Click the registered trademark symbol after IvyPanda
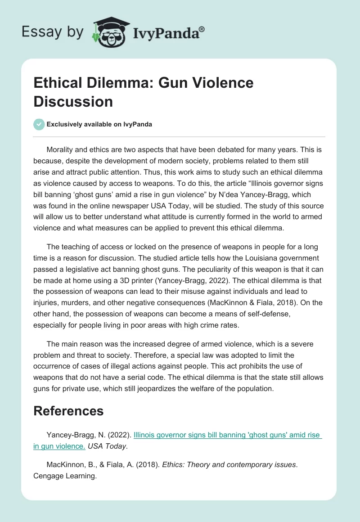(202, 29)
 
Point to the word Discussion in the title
(73, 101)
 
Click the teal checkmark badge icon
(39, 125)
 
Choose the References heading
(68, 411)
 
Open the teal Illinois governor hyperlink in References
(227, 435)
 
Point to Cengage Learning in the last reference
(65, 475)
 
